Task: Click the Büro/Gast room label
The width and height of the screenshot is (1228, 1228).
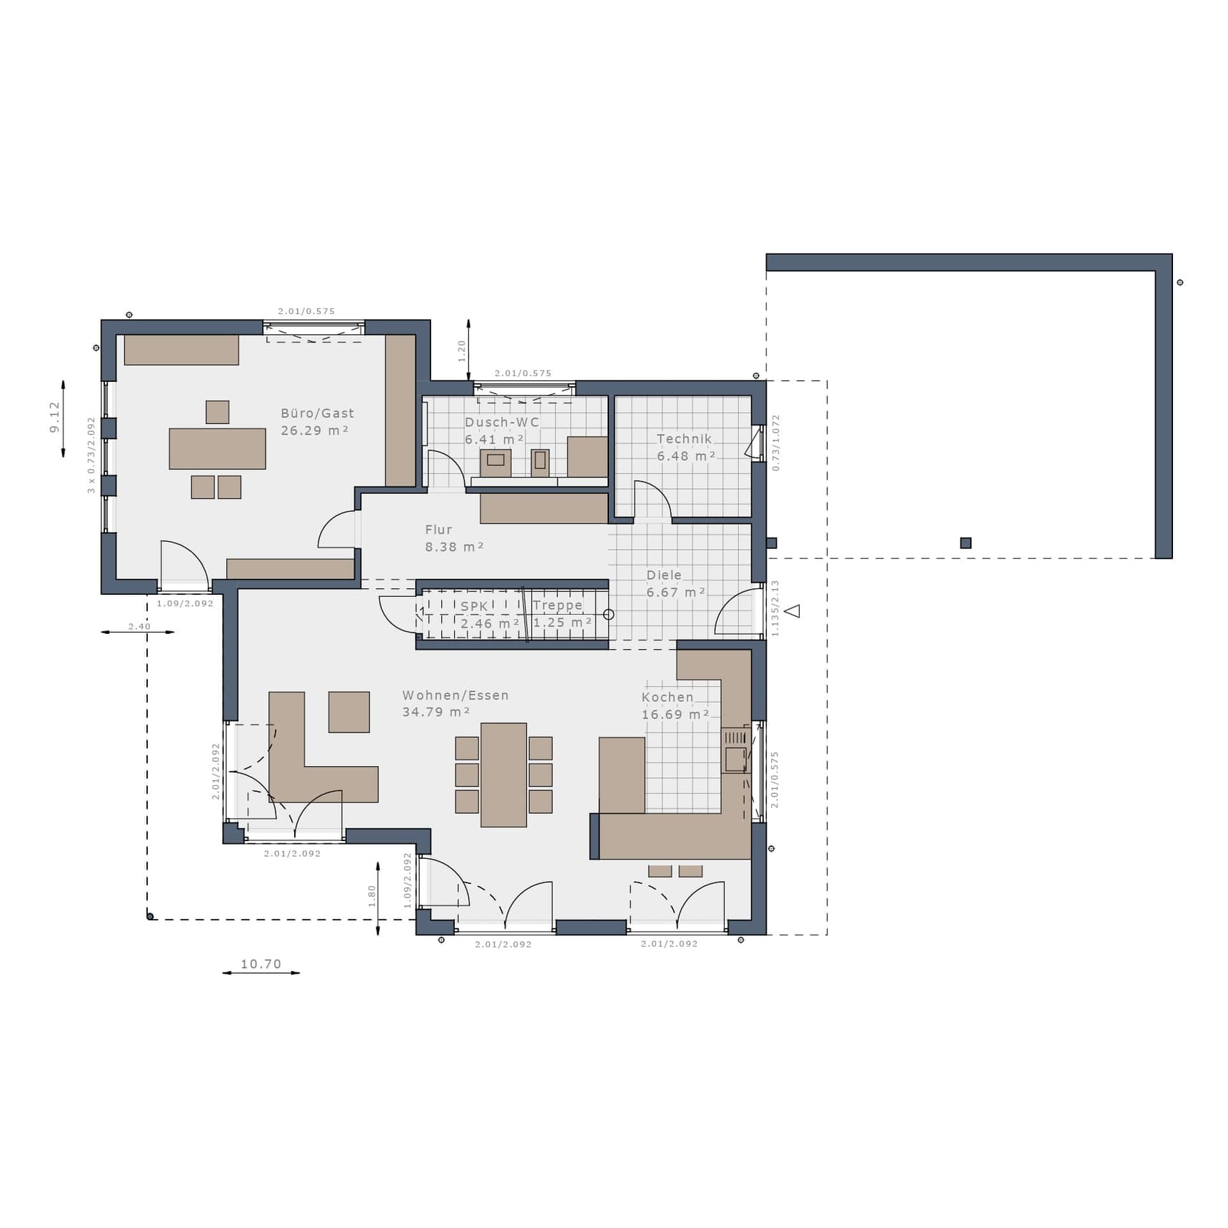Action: point(317,413)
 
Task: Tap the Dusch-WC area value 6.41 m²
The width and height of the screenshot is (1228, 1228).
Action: point(495,440)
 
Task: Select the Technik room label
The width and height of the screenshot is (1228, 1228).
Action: point(684,439)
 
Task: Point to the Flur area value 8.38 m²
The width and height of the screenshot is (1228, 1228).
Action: point(454,547)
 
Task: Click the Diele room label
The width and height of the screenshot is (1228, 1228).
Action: point(664,575)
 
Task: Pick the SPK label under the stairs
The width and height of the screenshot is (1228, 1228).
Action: point(474,606)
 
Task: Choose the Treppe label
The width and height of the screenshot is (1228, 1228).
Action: point(558,605)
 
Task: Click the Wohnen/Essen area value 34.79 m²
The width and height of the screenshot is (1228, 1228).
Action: point(436,712)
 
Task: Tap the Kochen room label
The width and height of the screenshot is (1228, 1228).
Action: point(668,698)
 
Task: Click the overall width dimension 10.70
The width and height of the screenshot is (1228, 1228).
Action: point(261,964)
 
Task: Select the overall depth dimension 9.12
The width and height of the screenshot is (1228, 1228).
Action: point(55,417)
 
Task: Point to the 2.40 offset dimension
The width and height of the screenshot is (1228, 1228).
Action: point(139,626)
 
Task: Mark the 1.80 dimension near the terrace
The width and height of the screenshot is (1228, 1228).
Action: point(371,895)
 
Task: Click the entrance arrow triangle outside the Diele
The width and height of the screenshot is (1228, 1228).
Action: point(792,611)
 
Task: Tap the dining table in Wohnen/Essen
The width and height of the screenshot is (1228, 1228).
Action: point(503,775)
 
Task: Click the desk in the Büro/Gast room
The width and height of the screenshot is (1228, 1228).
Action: point(217,448)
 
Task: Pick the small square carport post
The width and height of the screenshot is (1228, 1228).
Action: point(966,543)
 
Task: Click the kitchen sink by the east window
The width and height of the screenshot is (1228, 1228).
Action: point(735,759)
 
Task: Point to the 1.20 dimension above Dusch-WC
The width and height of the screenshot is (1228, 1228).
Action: point(462,351)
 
